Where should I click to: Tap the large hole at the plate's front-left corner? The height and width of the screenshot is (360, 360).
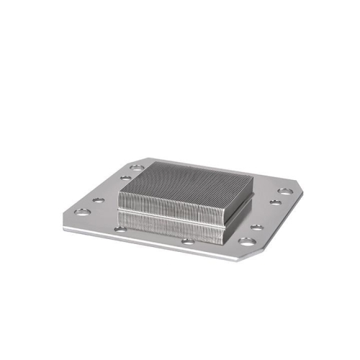point(83,212)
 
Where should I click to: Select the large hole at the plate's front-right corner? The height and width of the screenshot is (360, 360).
point(246,242)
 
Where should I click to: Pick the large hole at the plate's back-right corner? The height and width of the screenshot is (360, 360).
point(285,192)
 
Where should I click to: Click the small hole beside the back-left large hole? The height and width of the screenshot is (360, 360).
point(126,178)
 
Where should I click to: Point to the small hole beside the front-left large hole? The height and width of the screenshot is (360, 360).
point(99,202)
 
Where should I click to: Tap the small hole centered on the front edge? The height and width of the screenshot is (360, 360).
point(187,241)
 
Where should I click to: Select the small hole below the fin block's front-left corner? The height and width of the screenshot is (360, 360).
point(121,229)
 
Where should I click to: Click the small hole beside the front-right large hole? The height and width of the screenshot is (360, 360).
point(256,228)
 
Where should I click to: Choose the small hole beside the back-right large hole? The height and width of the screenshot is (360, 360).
point(274,202)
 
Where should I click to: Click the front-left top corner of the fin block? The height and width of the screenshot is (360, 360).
point(117,204)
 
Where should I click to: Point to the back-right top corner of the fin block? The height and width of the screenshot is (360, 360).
point(252,175)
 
